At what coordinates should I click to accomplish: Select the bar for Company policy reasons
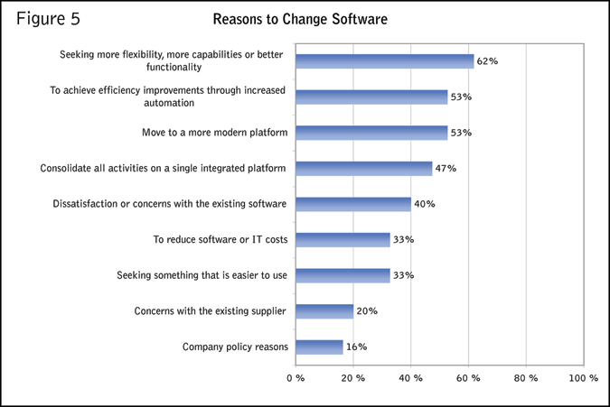click(319, 347)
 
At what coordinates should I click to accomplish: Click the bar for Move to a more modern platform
click(371, 133)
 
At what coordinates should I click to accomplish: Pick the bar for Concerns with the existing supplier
click(324, 311)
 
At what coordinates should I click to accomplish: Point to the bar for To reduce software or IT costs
click(343, 239)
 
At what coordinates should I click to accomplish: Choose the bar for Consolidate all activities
click(363, 168)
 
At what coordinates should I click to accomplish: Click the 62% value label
click(488, 61)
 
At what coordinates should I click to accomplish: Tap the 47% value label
click(446, 168)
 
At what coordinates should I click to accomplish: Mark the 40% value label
click(425, 204)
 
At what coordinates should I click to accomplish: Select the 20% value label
click(367, 311)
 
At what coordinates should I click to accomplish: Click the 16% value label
click(356, 347)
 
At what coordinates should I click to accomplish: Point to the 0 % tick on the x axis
click(296, 378)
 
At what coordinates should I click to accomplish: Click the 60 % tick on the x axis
click(468, 378)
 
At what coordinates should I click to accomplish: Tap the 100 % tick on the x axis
click(583, 378)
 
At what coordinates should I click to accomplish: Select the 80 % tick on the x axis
click(526, 378)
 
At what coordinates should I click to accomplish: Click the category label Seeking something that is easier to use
click(202, 275)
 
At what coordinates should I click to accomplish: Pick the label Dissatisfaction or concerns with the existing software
click(171, 204)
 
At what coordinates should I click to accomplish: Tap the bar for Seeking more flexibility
click(384, 61)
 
